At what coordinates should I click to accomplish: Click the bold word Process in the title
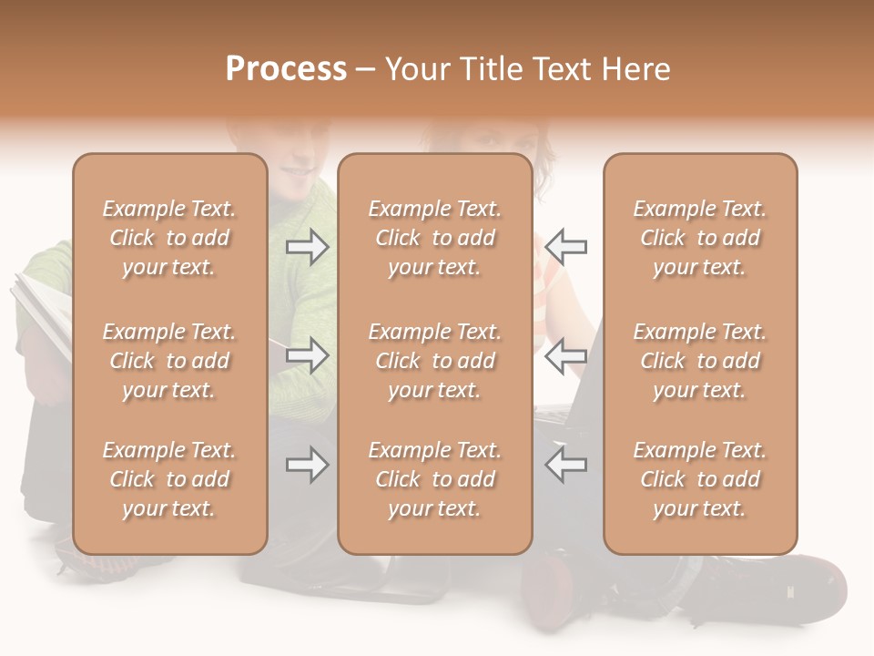[286, 69]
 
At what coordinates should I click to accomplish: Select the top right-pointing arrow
[308, 247]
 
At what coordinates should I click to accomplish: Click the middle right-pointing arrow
[308, 355]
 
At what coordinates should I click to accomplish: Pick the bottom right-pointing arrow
[308, 465]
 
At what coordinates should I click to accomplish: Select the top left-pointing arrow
[565, 247]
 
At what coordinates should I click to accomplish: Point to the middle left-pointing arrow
[565, 355]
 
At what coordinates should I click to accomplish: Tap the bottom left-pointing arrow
[565, 465]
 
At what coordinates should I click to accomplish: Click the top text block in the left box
[169, 238]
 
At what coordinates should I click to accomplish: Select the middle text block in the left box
[169, 361]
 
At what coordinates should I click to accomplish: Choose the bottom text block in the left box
[169, 479]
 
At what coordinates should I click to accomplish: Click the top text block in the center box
[434, 238]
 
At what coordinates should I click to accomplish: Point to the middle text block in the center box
[434, 361]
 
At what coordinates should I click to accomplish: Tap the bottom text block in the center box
[434, 479]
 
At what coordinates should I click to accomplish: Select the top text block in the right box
[699, 238]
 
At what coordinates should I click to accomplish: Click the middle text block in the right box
[699, 361]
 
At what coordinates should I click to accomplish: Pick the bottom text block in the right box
[699, 479]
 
